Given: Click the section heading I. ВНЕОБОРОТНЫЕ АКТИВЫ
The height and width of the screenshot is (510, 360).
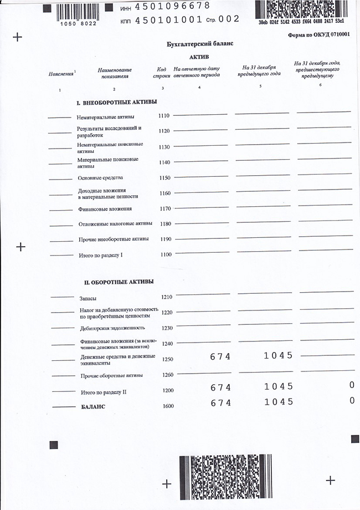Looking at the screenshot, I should [116, 102].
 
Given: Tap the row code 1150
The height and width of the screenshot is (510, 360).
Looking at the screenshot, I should [164, 178].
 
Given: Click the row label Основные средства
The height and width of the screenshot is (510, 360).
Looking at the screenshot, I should [100, 178].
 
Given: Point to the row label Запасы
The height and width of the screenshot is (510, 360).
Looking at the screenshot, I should [88, 298].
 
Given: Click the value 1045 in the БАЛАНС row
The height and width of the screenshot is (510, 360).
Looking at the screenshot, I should [279, 402].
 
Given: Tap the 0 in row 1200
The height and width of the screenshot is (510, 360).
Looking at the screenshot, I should [352, 385].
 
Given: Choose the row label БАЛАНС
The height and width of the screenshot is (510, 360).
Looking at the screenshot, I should [93, 407].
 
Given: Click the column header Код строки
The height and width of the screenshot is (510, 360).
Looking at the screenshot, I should [162, 72].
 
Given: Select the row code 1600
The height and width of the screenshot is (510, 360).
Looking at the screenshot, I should [168, 406].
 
